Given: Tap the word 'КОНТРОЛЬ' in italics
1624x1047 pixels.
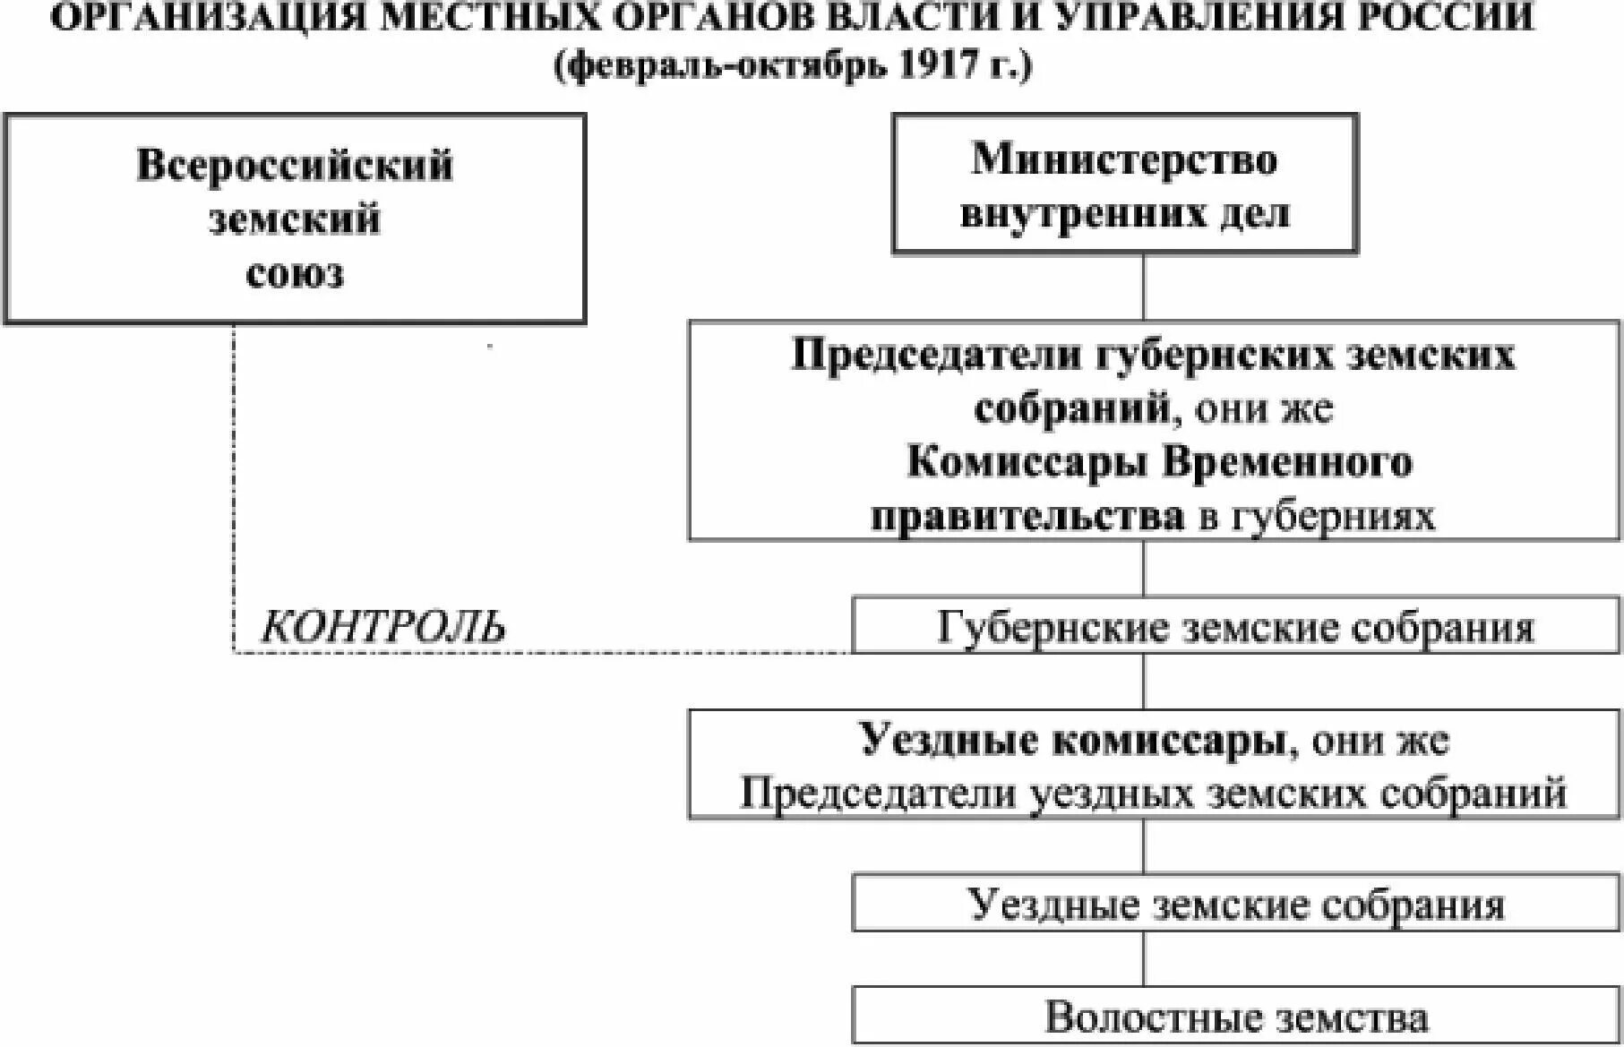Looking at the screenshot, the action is click(x=382, y=627).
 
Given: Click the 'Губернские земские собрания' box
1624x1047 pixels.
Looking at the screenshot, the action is click(x=1235, y=627).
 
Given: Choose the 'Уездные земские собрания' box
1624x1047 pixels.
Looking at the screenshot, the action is click(x=1235, y=905).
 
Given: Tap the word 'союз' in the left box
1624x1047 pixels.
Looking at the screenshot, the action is click(x=294, y=273).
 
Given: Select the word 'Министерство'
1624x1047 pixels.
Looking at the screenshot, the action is click(x=1124, y=159).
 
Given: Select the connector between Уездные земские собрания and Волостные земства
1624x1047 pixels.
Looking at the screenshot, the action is click(x=1144, y=958).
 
